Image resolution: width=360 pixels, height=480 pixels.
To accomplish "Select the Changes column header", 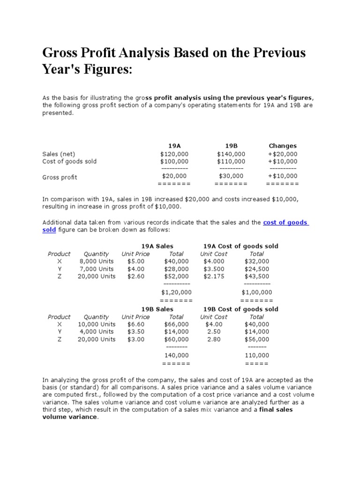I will [283, 146].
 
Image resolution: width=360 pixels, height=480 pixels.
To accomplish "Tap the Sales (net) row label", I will [59, 154].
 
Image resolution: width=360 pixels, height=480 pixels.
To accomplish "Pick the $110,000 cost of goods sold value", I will [231, 161].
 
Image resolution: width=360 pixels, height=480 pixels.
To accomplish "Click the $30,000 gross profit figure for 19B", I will [231, 176].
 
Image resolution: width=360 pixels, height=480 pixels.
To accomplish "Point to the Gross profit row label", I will [60, 177].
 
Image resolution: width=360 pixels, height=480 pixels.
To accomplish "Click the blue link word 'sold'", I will [49, 230].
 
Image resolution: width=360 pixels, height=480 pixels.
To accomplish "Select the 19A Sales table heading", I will [157, 246].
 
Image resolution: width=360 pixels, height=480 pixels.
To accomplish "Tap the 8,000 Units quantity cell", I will [97, 261].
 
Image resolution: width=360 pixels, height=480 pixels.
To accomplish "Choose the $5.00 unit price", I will [136, 261].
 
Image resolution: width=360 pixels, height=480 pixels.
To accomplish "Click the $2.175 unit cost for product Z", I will [214, 276].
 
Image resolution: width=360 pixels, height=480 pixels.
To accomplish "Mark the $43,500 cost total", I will [257, 276].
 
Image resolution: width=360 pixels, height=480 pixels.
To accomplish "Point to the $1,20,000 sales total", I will [176, 292].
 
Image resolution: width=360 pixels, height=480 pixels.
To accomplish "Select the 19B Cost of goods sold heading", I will [240, 309].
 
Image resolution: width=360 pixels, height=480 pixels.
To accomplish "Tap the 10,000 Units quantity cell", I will [97, 324].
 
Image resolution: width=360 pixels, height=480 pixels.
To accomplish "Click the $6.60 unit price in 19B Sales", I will [136, 324].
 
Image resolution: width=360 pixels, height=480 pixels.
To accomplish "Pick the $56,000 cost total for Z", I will [257, 339].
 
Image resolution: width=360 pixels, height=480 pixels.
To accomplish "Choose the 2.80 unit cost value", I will [214, 339].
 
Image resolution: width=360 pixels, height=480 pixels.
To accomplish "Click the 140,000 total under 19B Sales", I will [176, 355].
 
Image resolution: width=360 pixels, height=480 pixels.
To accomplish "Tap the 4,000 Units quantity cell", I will [97, 331].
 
